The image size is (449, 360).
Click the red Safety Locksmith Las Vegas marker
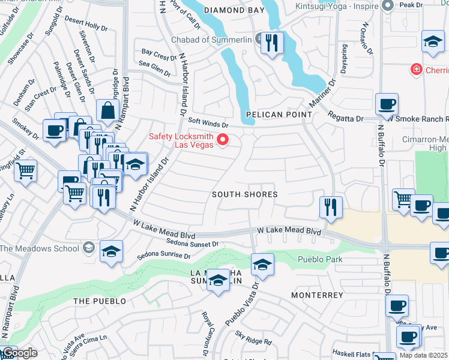[x=223, y=140]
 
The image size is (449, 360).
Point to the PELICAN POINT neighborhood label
[x=279, y=114]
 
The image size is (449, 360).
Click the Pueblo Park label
[x=320, y=259]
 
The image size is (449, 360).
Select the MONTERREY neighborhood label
[x=317, y=295]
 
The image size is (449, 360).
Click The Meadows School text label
[x=39, y=248]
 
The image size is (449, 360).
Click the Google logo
[x=20, y=353]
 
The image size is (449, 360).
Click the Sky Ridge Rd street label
[x=253, y=342]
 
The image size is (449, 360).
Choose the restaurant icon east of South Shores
[x=331, y=208]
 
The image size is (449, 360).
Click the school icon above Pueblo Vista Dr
[x=261, y=264]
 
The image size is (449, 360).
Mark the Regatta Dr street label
[x=346, y=118]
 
